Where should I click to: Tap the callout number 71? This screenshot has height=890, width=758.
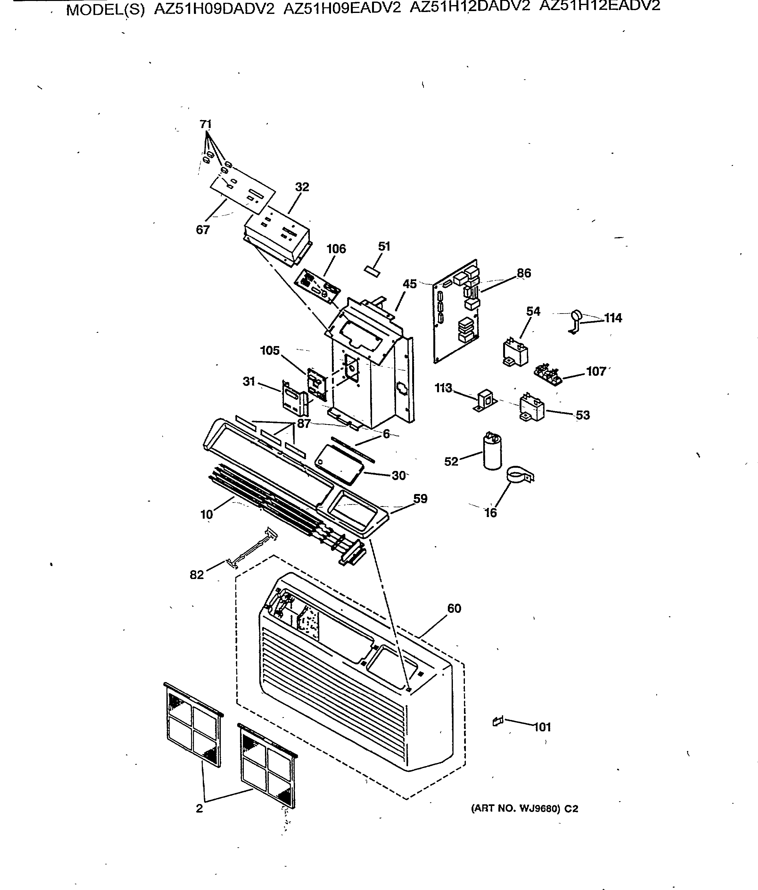(x=206, y=124)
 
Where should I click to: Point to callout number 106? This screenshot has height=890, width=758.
(x=336, y=249)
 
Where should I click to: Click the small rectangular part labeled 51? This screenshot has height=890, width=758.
(x=372, y=271)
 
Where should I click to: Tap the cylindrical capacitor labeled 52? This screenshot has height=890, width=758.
(x=492, y=451)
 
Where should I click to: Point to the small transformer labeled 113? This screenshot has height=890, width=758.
(x=485, y=399)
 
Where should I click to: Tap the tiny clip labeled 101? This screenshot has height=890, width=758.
(x=497, y=721)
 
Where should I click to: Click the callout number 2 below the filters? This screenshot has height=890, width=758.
(x=199, y=808)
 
